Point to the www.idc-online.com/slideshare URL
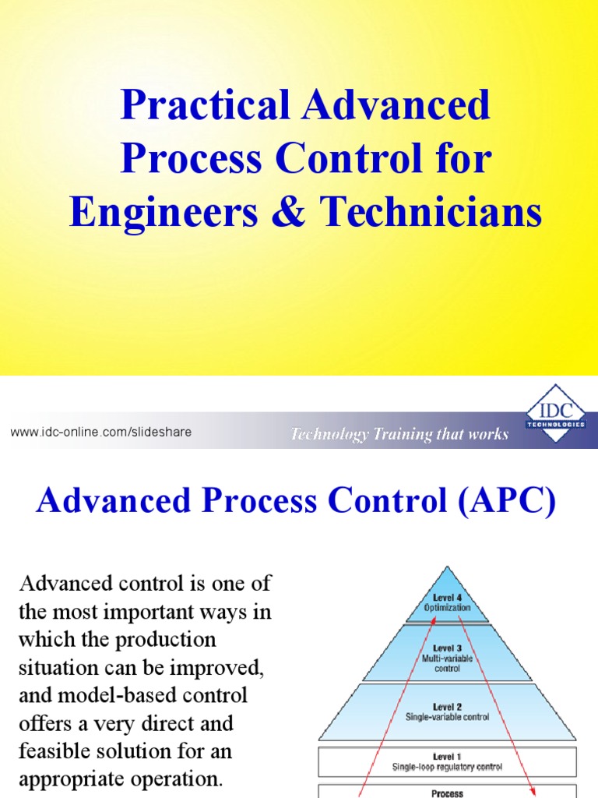point(101,432)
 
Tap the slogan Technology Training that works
point(399,434)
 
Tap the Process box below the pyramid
point(447,793)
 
